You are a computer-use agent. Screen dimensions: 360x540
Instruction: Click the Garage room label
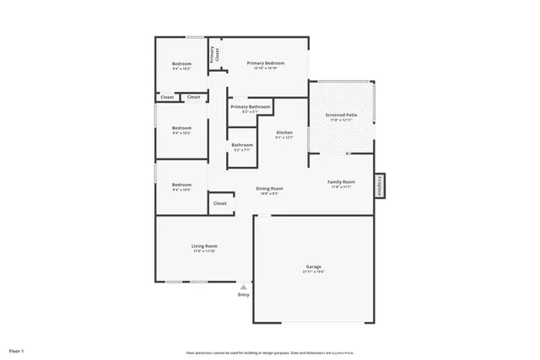coord(314,265)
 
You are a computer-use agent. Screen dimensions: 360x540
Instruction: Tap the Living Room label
coord(205,245)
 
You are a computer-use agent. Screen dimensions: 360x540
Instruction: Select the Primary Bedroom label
coord(265,63)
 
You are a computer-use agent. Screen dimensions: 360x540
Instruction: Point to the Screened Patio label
coord(342,115)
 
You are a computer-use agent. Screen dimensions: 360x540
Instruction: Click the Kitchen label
coord(284,132)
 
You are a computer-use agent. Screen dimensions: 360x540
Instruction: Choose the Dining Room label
coord(270,188)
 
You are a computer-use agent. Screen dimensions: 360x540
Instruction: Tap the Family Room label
coord(342,181)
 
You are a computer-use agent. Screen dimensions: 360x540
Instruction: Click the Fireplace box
coord(381,185)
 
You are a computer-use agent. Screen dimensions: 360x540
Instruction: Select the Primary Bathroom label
coord(251,107)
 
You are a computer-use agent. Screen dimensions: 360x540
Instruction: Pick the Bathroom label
coord(242,144)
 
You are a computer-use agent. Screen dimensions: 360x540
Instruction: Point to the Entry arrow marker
coord(243,287)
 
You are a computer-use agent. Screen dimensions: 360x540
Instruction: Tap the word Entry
coord(243,294)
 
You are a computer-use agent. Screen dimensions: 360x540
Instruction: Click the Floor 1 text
coord(17,350)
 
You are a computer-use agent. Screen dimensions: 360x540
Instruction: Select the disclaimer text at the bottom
coord(269,352)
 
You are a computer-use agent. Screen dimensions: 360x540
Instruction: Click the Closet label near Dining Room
coord(219,203)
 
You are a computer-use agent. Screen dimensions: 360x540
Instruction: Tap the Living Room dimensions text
coord(205,251)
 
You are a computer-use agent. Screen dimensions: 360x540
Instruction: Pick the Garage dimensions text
coord(314,271)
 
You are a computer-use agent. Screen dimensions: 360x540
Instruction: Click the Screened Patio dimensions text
coord(342,121)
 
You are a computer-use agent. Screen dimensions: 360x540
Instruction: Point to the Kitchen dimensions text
coord(284,138)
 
